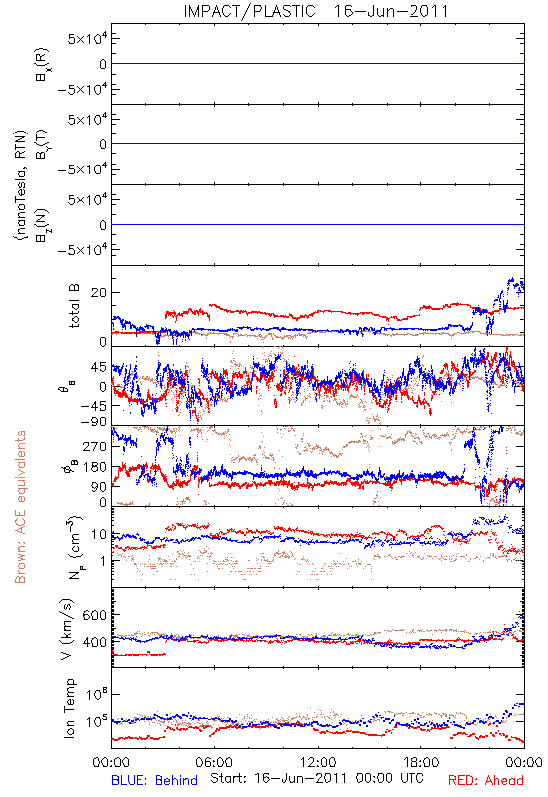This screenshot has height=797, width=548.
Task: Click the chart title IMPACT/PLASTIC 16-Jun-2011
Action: click(316, 11)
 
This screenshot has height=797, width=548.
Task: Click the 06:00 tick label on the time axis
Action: click(214, 762)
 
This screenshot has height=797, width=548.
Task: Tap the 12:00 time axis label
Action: click(318, 762)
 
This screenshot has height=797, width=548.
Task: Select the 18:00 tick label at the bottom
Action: click(421, 762)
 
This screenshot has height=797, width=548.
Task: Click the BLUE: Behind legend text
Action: click(154, 780)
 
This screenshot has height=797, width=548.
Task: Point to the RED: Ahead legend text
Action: click(486, 780)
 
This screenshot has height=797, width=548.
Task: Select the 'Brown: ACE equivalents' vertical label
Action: click(20, 507)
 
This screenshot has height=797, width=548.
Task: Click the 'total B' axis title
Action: click(74, 306)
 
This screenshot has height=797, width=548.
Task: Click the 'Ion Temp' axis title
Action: click(69, 708)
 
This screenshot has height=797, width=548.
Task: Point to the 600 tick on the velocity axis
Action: click(94, 615)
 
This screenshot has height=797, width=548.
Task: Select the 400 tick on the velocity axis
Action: click(94, 642)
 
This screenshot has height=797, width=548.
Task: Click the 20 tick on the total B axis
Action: click(99, 293)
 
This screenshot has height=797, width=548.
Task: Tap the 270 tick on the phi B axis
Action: click(95, 446)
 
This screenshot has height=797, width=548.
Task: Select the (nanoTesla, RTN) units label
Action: click(20, 185)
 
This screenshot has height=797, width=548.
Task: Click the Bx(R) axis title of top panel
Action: click(42, 64)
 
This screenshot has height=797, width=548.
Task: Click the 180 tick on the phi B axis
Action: click(95, 467)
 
